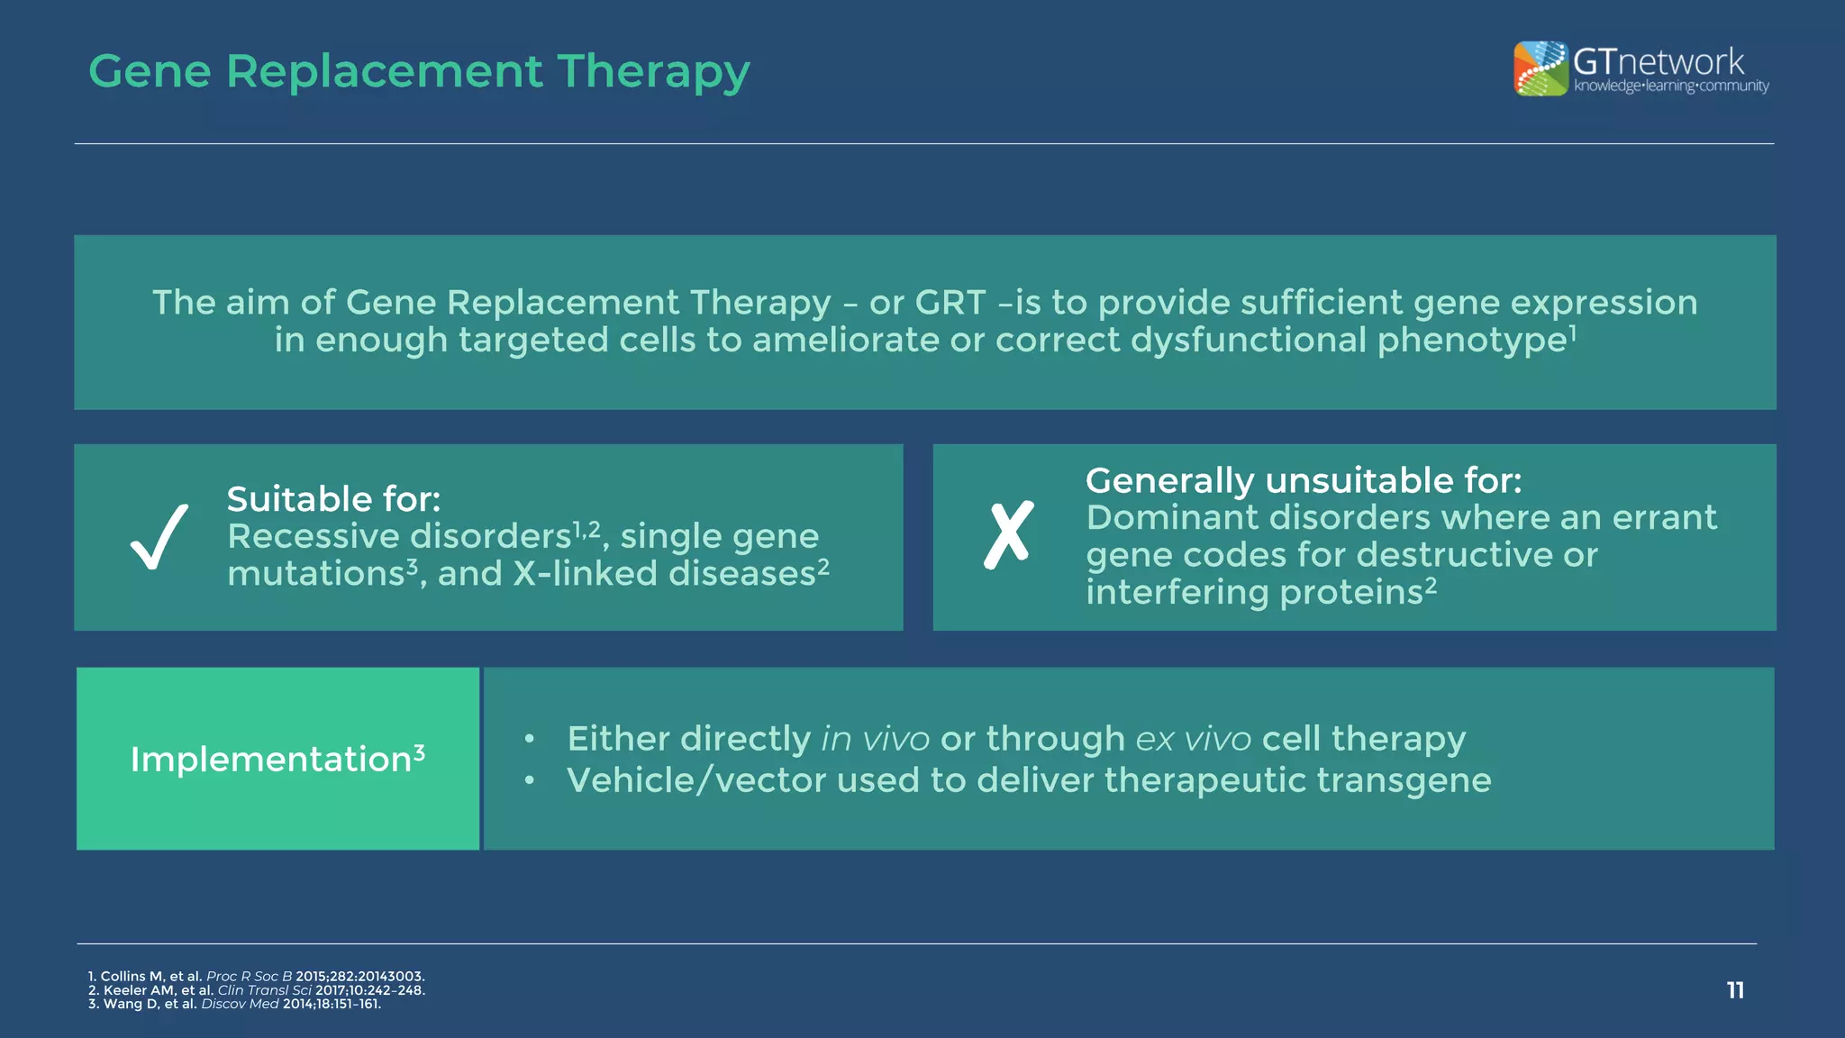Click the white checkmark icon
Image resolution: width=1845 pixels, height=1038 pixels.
point(159,537)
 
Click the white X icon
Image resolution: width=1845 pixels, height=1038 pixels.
point(1008,535)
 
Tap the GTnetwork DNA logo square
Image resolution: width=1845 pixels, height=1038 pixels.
point(1541,68)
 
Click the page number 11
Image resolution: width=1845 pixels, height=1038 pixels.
point(1735,990)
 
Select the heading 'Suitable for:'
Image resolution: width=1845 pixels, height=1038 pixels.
point(333,499)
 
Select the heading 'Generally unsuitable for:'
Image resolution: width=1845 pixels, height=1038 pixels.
point(1303,480)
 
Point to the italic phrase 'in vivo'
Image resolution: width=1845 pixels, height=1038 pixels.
point(875,739)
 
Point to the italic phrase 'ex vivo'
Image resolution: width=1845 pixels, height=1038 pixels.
point(1193,739)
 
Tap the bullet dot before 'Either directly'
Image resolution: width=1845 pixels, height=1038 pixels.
point(530,740)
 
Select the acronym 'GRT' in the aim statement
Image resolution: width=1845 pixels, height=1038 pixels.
point(950,303)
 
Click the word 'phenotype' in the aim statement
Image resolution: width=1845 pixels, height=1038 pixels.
point(1471,341)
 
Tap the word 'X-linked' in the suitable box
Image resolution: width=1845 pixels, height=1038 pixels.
point(586,574)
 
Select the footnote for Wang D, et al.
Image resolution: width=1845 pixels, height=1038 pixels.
point(234,1004)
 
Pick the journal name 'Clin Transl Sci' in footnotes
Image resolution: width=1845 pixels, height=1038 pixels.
point(264,990)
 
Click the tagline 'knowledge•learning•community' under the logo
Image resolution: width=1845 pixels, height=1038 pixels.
point(1671,86)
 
